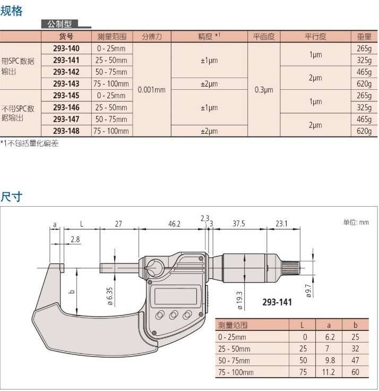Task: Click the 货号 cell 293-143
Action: (66, 84)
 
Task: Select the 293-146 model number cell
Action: (66, 107)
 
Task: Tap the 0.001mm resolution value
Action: (151, 90)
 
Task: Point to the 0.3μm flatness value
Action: (264, 90)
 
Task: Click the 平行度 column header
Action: (315, 37)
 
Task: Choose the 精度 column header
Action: (209, 37)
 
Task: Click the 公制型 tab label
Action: (59, 24)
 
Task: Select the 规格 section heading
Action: (11, 11)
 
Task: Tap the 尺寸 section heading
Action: (11, 197)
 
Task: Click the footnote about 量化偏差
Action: (29, 143)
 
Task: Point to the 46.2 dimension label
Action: (174, 224)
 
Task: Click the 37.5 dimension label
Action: (239, 224)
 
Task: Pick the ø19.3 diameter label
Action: (239, 301)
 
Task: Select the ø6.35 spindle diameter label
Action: (110, 296)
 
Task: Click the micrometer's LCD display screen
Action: (176, 296)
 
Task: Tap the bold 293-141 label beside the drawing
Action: (277, 302)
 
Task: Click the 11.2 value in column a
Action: (329, 372)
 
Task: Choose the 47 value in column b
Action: (355, 360)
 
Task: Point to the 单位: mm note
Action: (356, 223)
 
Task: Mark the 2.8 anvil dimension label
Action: (75, 240)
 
